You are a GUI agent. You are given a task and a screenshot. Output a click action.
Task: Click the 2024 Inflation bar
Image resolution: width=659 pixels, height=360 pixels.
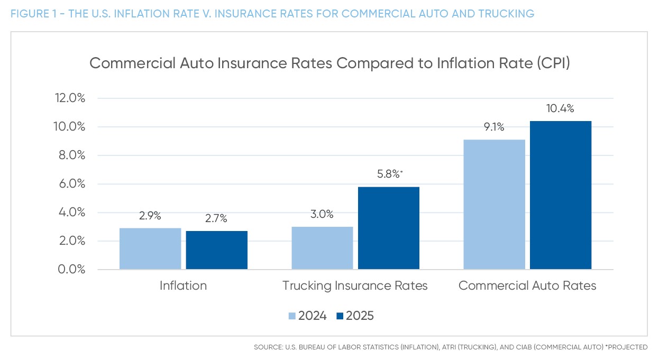150,249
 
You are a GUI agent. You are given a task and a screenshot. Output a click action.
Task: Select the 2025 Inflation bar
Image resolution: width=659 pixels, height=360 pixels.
216,251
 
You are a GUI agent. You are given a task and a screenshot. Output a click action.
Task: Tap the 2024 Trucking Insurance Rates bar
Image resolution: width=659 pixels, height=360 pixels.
322,248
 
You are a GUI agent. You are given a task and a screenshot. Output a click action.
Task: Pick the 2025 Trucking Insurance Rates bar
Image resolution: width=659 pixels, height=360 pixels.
388,228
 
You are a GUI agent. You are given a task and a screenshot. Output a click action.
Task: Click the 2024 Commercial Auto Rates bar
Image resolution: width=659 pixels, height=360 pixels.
494,205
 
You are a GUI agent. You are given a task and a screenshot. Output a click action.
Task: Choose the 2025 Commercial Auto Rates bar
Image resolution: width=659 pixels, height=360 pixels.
560,196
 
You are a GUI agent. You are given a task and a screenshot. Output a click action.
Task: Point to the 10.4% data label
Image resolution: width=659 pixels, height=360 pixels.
560,109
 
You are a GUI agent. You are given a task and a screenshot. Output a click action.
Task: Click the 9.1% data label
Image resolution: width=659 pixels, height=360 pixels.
494,127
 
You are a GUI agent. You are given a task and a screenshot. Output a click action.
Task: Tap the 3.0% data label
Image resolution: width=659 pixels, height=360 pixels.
322,215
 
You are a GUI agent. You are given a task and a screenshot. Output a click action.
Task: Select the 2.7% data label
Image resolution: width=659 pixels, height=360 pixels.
216,219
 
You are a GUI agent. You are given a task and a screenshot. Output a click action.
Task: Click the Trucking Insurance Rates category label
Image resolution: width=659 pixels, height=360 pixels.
355,286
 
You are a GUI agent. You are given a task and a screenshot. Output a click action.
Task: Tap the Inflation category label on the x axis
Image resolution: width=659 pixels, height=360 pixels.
183,286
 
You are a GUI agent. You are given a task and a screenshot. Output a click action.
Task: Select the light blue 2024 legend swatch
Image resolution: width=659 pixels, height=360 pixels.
292,316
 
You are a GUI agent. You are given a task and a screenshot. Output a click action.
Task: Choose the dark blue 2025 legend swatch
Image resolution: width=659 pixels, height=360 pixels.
340,316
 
